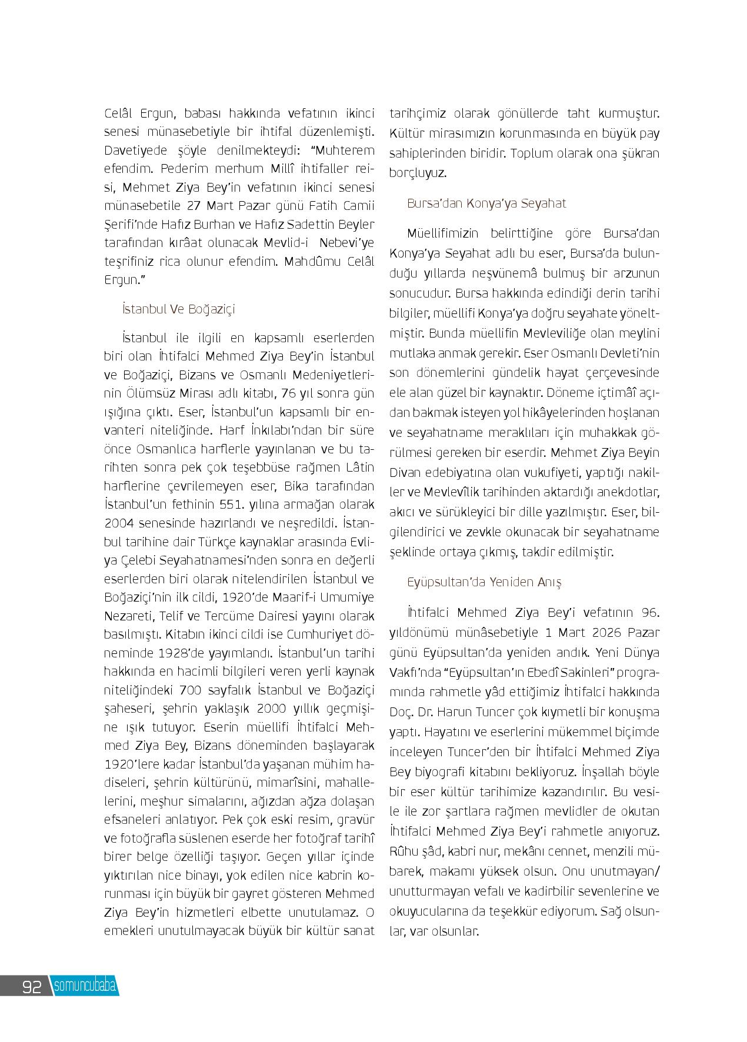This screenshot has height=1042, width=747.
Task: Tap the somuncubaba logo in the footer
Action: pos(85,986)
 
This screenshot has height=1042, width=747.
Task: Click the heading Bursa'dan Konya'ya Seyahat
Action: pos(486,203)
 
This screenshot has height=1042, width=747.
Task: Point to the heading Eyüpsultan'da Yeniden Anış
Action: pos(484,582)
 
